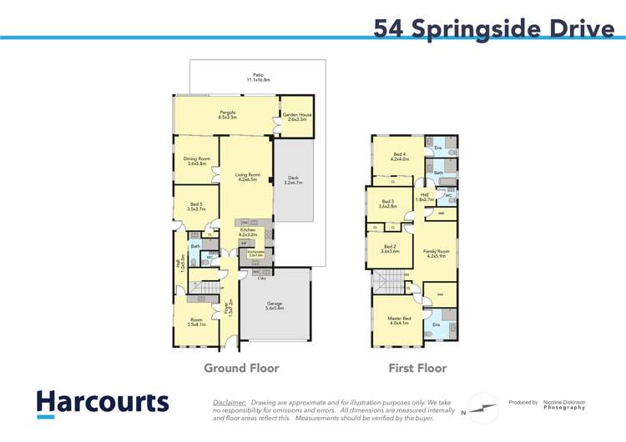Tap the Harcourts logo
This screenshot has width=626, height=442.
102,402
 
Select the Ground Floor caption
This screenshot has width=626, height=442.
242,368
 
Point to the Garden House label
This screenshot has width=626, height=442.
296,117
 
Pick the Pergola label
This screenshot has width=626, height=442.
227,114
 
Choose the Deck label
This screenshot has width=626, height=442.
293,179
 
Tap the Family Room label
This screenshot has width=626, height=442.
437,253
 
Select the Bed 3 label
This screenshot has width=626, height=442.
387,203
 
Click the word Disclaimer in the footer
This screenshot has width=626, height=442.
230,401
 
